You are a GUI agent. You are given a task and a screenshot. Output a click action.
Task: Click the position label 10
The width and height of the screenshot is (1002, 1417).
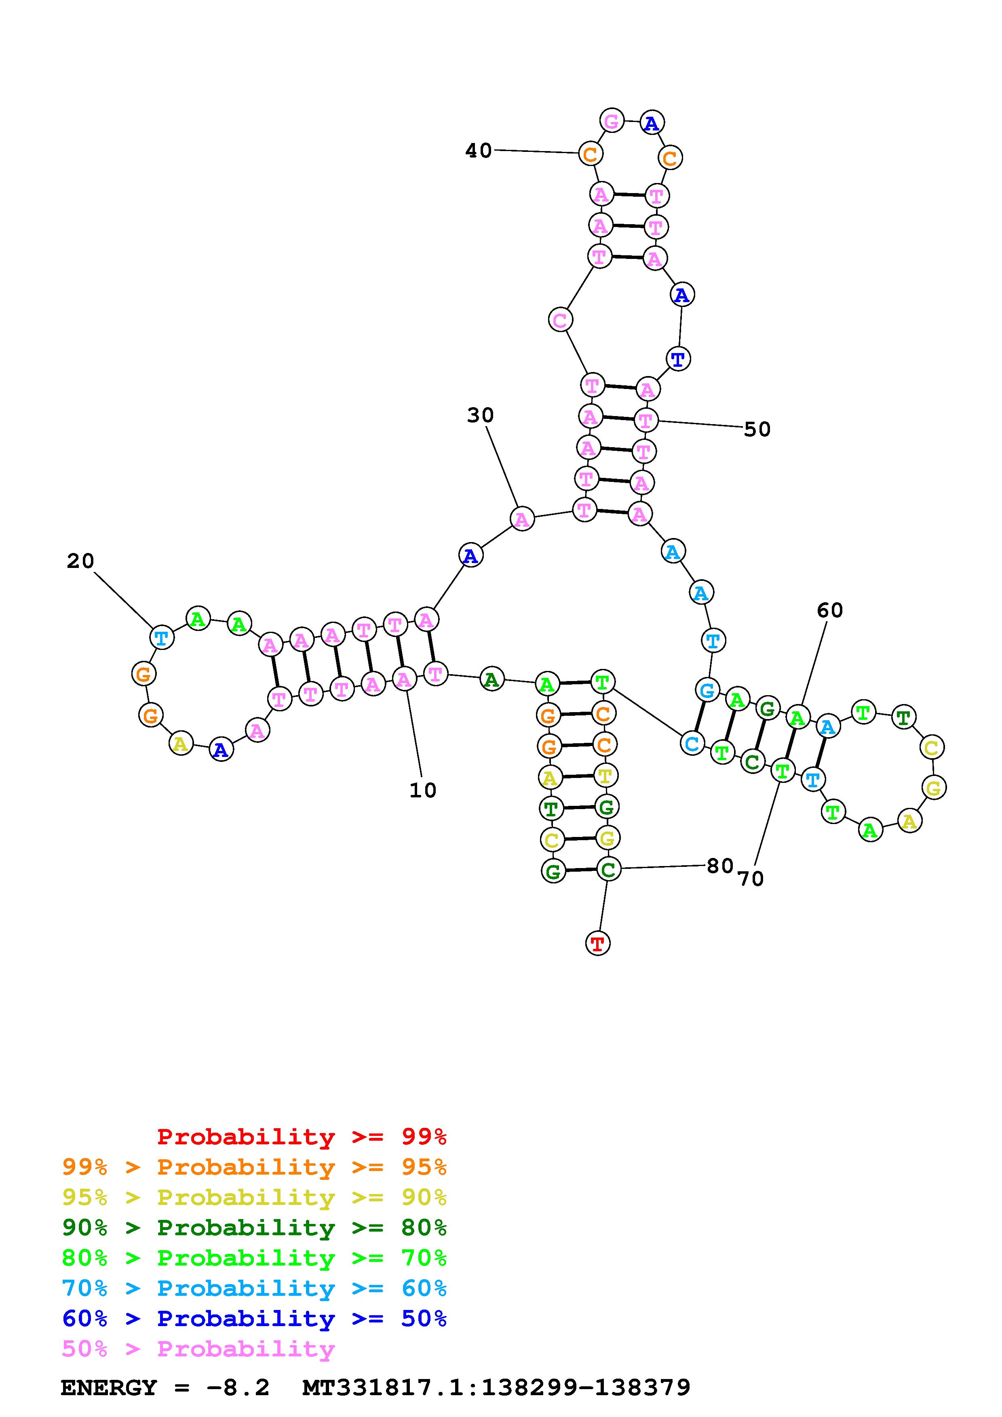[x=423, y=790]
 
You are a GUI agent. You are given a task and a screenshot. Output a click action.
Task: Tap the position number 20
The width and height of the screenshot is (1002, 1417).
[x=80, y=561]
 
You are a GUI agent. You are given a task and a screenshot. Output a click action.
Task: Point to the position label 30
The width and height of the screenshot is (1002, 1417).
[x=480, y=415]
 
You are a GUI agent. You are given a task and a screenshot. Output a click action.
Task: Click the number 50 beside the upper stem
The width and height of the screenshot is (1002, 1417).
[x=757, y=429]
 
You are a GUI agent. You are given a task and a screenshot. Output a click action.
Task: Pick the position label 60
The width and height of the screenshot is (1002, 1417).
[x=830, y=610]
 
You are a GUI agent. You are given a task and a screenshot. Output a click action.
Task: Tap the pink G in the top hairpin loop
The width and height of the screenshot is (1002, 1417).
[x=611, y=120]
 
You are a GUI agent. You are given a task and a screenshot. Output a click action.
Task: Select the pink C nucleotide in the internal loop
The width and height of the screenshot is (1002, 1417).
[x=560, y=320]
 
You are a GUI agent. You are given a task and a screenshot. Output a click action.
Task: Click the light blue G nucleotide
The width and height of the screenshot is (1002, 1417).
[x=707, y=690]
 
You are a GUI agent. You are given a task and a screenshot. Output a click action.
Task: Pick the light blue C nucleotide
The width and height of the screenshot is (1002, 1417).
[x=692, y=744]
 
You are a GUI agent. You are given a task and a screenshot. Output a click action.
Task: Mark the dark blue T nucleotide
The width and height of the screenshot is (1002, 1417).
[x=678, y=359]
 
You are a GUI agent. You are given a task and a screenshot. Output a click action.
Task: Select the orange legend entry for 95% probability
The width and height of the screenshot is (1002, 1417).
[x=254, y=1167]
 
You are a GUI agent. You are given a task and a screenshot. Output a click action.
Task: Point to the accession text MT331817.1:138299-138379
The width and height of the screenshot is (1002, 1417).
[x=496, y=1388]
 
